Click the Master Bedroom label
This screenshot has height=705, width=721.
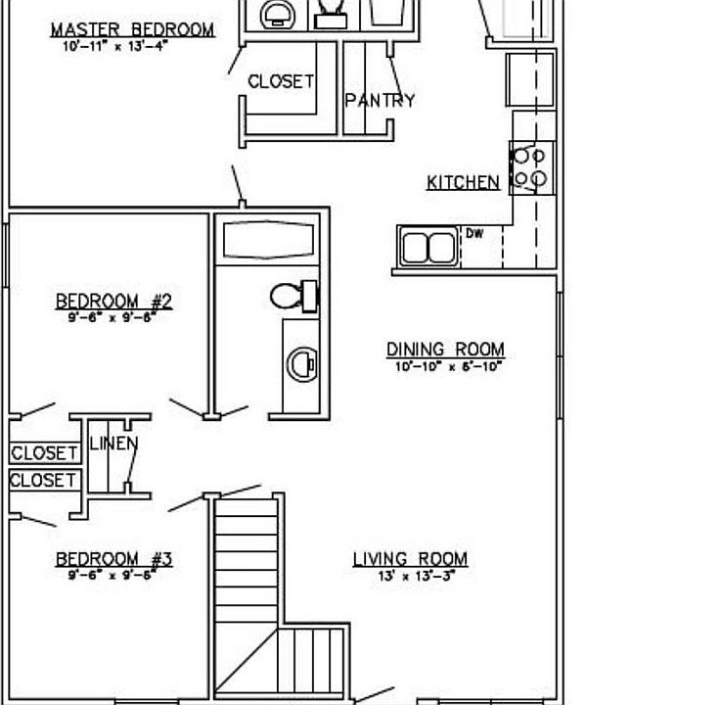pyautogui.click(x=133, y=29)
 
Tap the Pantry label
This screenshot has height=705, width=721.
pyautogui.click(x=380, y=100)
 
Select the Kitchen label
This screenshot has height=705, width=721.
pyautogui.click(x=463, y=182)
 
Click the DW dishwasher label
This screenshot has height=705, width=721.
pyautogui.click(x=474, y=233)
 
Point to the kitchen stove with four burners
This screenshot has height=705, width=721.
pyautogui.click(x=530, y=166)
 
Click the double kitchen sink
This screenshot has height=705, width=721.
pyautogui.click(x=428, y=247)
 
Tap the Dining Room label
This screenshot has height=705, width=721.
pyautogui.click(x=445, y=350)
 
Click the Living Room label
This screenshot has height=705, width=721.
pyautogui.click(x=410, y=559)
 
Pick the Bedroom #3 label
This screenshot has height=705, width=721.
pyautogui.click(x=113, y=559)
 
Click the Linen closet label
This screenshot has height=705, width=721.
pyautogui.click(x=113, y=444)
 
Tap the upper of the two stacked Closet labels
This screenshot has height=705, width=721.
pyautogui.click(x=44, y=453)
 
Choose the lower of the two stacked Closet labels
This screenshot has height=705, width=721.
pyautogui.click(x=44, y=480)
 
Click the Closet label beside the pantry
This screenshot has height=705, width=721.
pyautogui.click(x=281, y=82)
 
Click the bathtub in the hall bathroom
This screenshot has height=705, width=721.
pyautogui.click(x=266, y=239)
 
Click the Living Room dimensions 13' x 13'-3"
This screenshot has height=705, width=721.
pyautogui.click(x=417, y=576)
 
